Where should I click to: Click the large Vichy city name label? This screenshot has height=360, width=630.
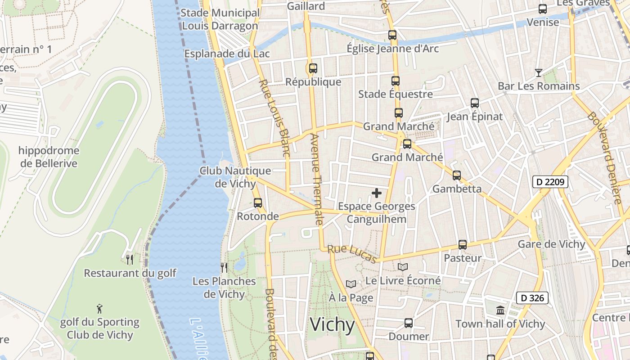pos(333,324)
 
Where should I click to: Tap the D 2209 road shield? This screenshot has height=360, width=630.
pos(550,182)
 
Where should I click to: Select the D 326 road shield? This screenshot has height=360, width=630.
pos(532,297)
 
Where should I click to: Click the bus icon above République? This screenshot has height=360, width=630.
pos(313,68)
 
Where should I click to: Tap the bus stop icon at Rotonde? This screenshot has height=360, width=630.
pos(258,202)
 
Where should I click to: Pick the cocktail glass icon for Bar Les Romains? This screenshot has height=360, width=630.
pos(538,72)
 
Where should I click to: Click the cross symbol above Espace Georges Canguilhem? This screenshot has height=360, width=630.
pos(377,193)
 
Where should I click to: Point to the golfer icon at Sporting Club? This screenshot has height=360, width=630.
pos(99,309)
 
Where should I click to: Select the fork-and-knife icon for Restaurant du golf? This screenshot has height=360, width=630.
pos(130,259)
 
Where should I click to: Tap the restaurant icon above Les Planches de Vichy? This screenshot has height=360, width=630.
pos(224,268)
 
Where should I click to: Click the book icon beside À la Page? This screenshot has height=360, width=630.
pos(351,284)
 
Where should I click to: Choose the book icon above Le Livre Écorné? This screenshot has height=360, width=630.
pos(402,267)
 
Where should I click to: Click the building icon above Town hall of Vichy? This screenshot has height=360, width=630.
pos(500,310)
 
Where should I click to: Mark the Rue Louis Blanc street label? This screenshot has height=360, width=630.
pos(274,118)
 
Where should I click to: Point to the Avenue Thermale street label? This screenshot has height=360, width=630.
pos(317,179)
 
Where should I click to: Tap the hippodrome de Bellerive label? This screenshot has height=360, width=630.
pos(49,157)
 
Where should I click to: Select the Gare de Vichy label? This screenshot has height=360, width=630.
pos(551,244)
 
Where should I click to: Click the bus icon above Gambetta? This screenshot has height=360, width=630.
pos(457,175)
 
